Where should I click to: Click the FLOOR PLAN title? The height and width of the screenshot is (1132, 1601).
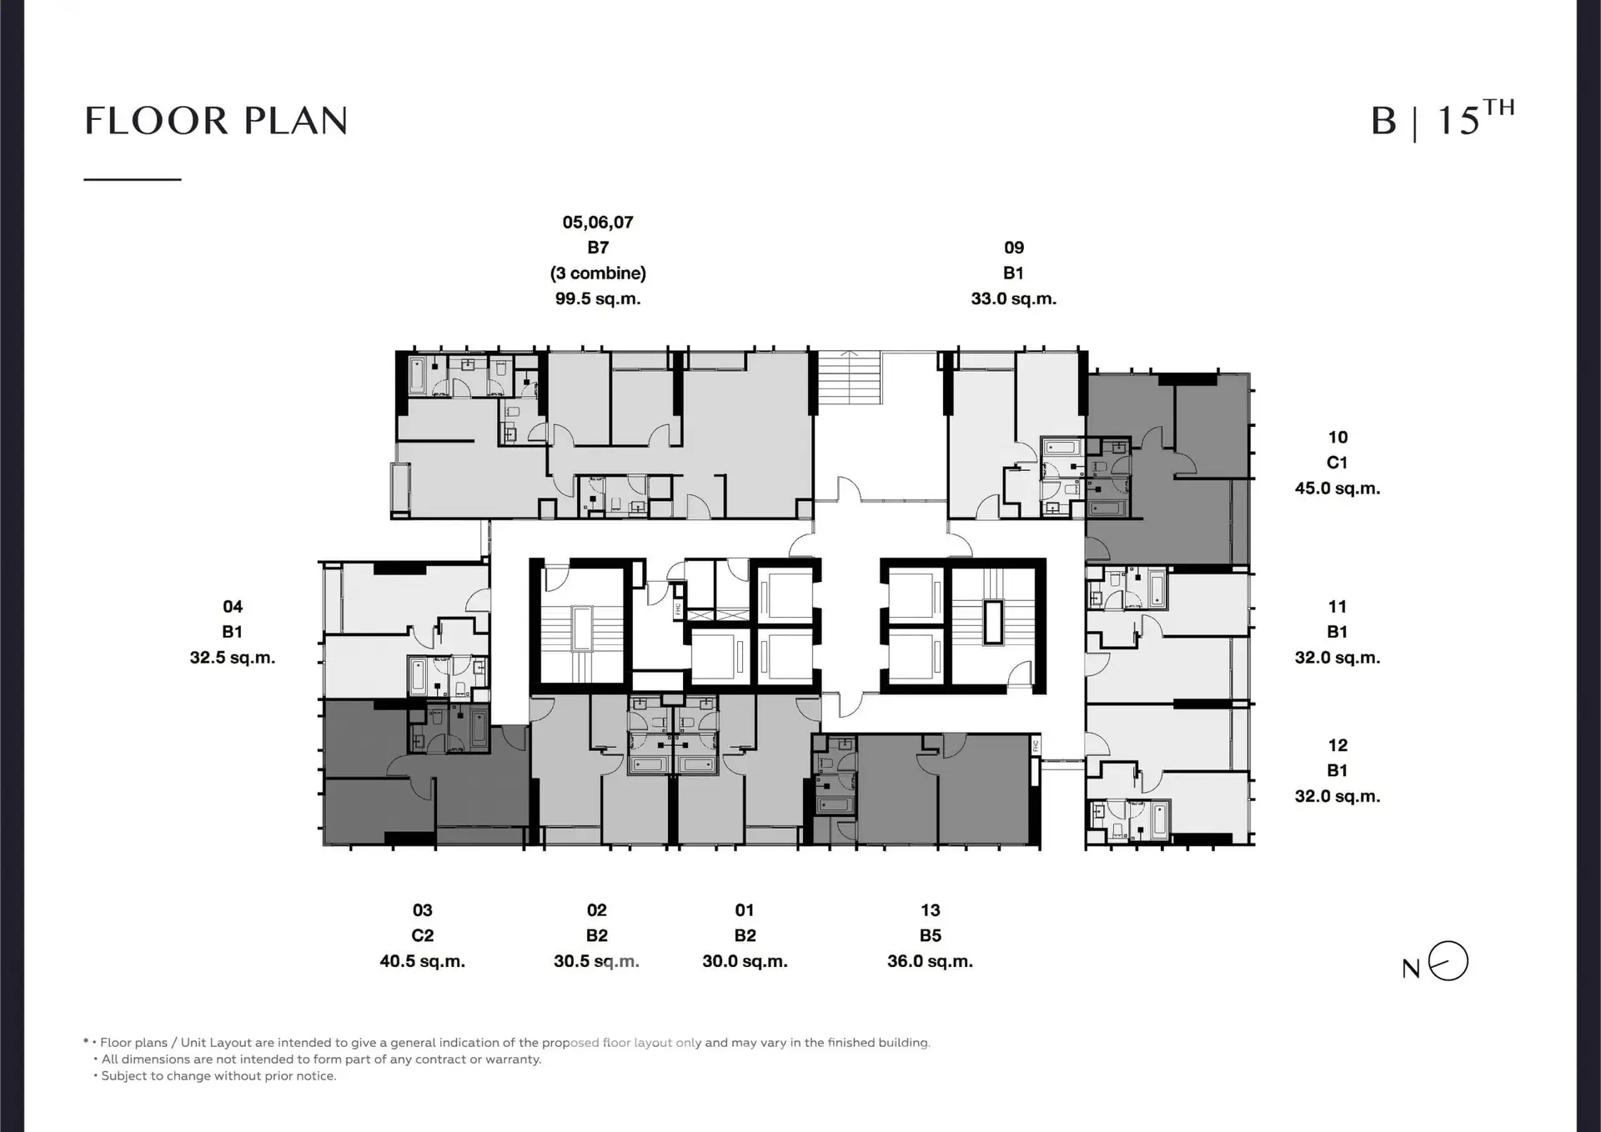coord(216,121)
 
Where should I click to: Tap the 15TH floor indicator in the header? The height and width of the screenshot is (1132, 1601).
coord(1475,118)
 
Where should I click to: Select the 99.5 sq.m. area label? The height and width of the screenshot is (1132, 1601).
coord(598,298)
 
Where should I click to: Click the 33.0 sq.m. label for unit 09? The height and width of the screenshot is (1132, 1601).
coord(1013,298)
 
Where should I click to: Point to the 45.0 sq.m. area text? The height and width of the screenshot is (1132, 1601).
coord(1338,488)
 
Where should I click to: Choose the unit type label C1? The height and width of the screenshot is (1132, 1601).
coord(1338,463)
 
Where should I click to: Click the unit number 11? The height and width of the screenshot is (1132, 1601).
coord(1338,607)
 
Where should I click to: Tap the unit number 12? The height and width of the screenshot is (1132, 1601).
coord(1338,745)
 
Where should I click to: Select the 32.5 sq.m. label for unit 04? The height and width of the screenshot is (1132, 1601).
coord(232,658)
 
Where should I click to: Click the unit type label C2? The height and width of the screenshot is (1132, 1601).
coord(423,935)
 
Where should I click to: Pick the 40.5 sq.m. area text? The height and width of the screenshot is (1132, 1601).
coord(422,961)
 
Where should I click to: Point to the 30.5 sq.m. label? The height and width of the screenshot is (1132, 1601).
coord(596,961)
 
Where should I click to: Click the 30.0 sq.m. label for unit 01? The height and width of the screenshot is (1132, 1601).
coord(745,961)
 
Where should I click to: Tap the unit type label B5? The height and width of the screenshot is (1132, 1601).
coord(931,935)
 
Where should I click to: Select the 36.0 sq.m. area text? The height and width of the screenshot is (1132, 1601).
coord(930,961)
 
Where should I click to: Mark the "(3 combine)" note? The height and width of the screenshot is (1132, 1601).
coord(598,273)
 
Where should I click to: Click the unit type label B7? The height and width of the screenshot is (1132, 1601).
coord(598,248)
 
